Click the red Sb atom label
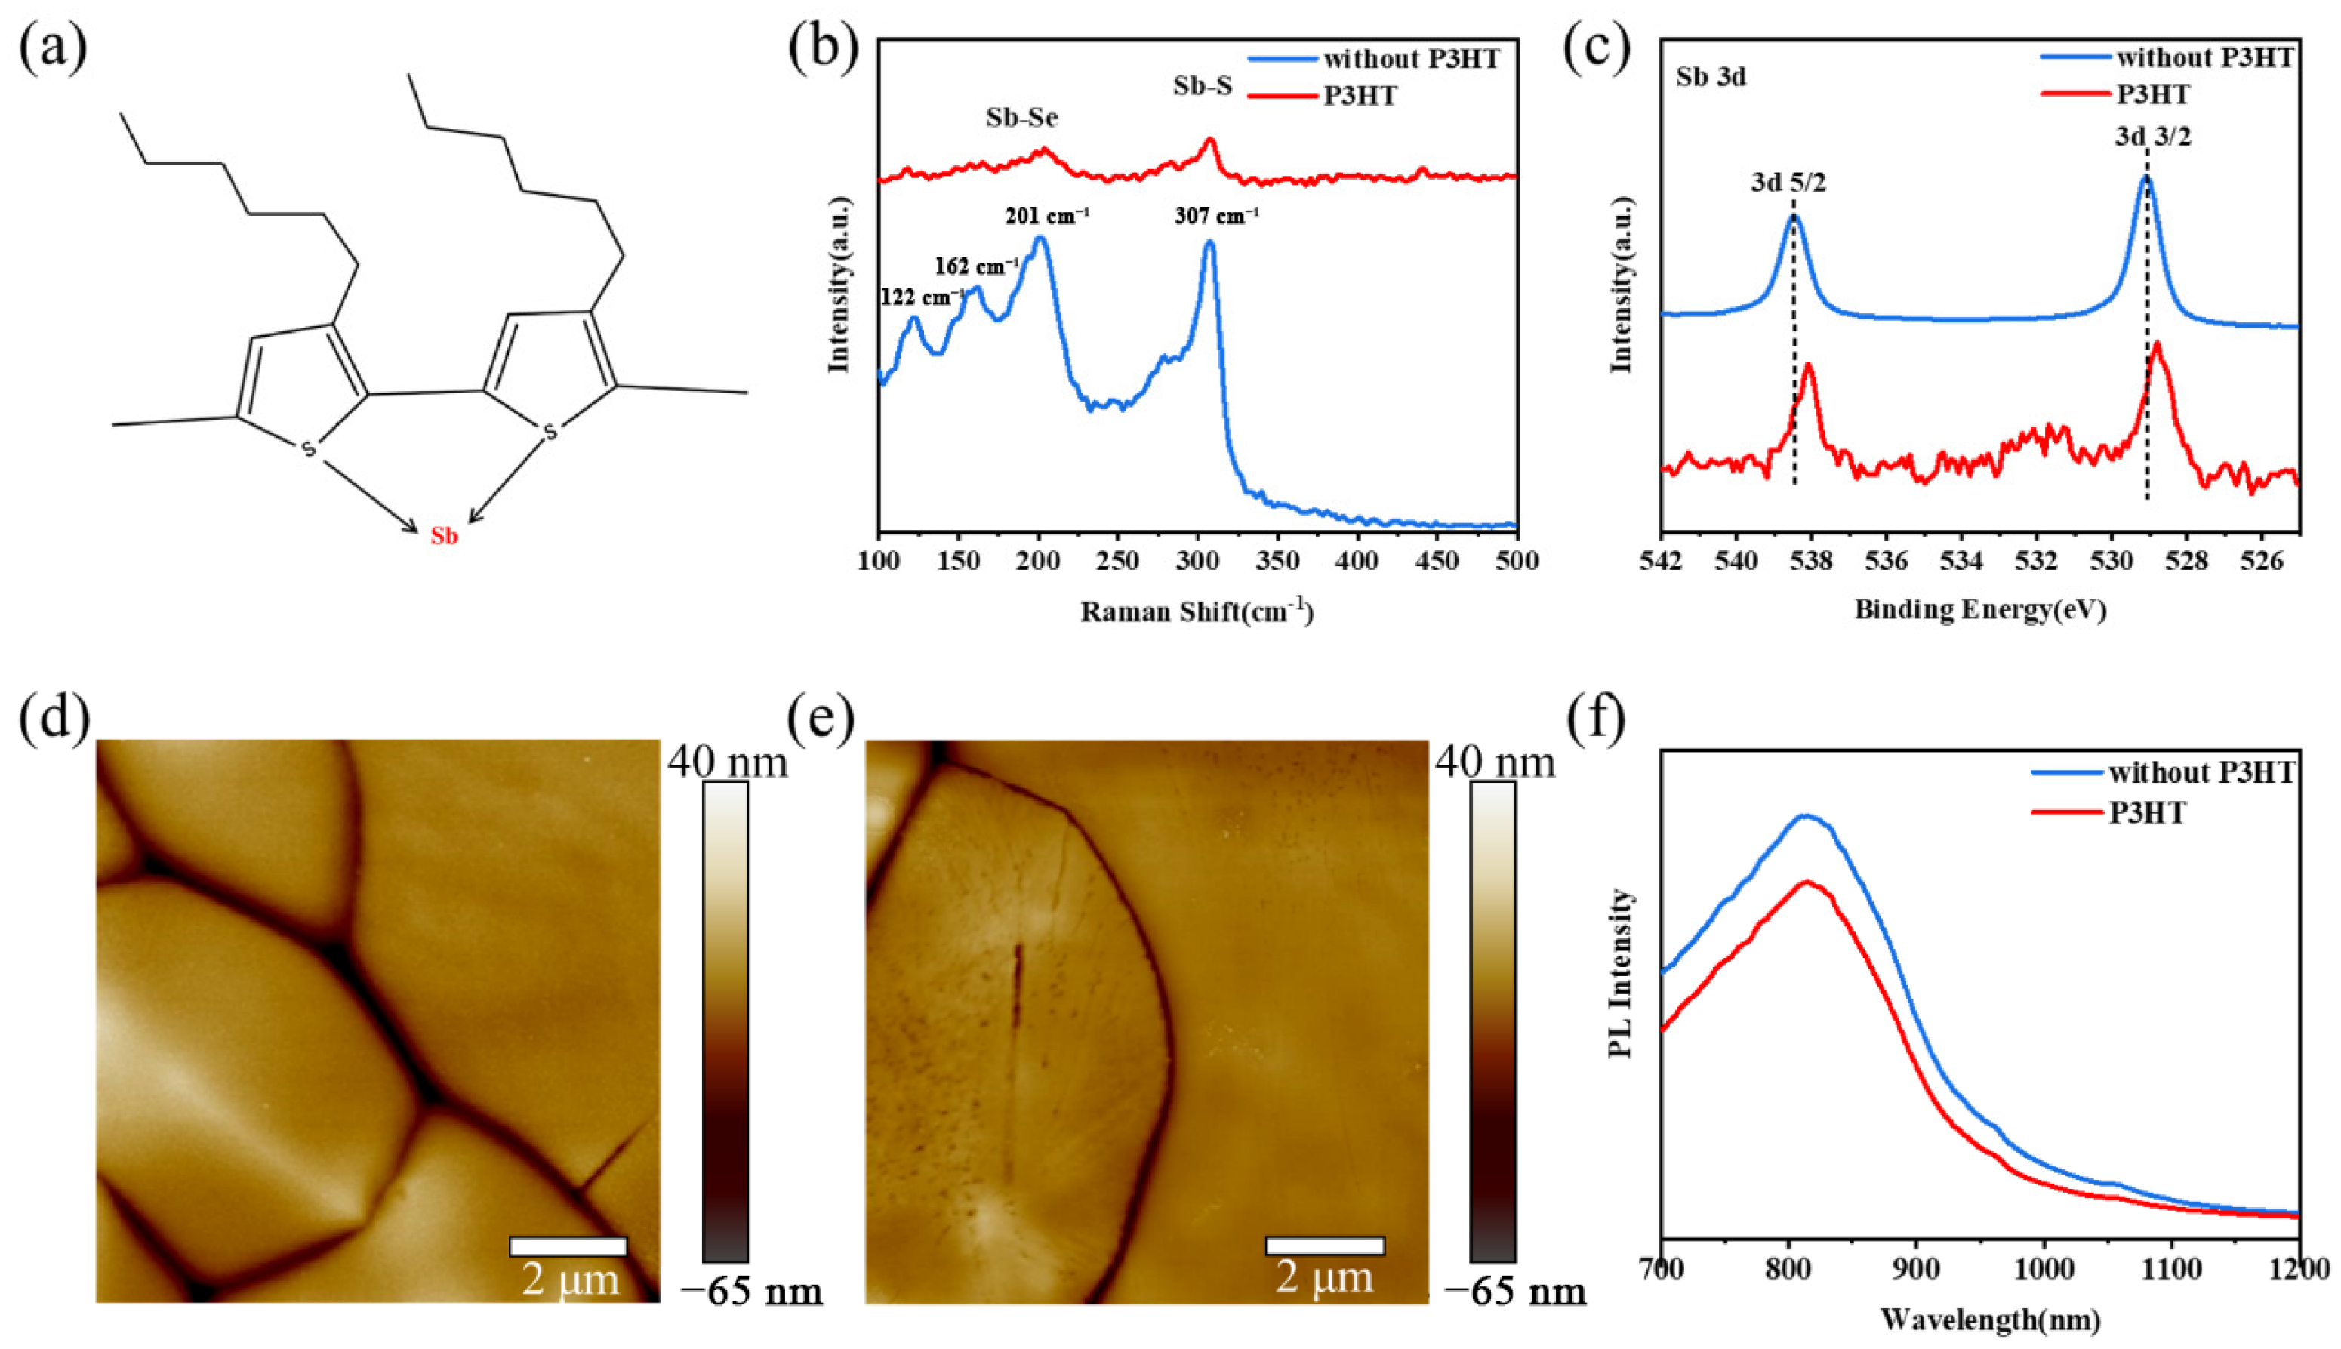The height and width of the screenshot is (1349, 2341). (x=444, y=537)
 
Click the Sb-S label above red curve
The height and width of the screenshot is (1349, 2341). (x=1203, y=86)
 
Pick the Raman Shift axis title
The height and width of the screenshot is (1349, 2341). (x=1197, y=611)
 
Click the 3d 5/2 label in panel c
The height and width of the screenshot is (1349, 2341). (x=1788, y=183)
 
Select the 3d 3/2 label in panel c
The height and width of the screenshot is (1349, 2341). (x=2153, y=138)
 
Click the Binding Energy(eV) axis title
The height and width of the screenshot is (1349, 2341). (x=1979, y=610)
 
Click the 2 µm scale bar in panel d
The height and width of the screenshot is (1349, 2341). (x=568, y=1246)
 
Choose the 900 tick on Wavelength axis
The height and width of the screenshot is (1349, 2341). (x=1916, y=1267)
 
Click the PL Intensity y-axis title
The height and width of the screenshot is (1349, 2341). (x=1619, y=986)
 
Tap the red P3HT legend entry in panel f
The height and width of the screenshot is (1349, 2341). (x=2146, y=812)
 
